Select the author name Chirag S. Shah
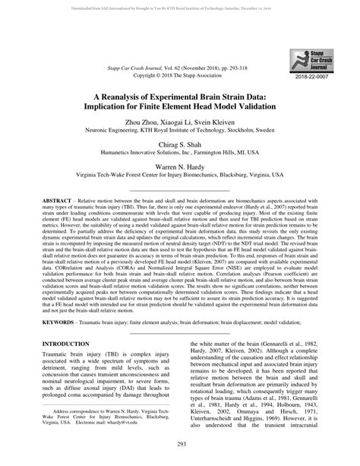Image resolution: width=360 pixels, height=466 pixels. click(180, 152)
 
